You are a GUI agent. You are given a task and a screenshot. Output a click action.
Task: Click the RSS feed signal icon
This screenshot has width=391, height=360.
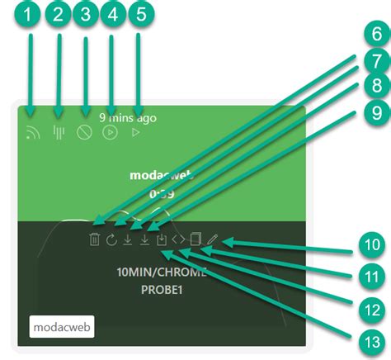32,132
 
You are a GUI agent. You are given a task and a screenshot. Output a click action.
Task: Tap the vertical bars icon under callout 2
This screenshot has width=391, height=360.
58,132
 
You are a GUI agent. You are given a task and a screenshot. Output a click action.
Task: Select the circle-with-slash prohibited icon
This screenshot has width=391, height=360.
84,132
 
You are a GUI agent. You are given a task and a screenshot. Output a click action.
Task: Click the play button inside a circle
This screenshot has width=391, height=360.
110,132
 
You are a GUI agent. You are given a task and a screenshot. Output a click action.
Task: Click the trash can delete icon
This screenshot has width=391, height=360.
95,240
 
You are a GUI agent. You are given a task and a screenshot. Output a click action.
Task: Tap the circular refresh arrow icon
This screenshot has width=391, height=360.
111,240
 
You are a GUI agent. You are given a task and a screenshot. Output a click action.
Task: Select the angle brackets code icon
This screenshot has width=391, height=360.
178,240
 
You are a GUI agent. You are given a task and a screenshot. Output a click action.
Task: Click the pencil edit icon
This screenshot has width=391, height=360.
212,240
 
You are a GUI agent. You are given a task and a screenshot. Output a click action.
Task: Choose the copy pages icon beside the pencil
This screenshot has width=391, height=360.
195,240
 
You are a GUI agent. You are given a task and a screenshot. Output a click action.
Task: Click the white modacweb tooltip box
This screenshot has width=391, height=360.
63,326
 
